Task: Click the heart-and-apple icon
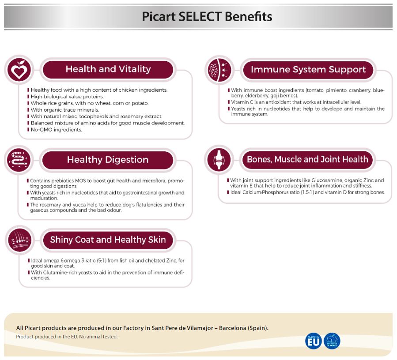point(19,70)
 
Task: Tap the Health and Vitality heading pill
point(108,69)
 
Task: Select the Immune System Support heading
point(308,70)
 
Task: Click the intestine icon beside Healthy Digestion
point(19,160)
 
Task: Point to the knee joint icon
point(219,160)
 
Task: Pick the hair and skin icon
point(19,240)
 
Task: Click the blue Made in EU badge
point(314,341)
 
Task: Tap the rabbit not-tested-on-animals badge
point(332,341)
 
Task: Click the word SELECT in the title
point(200,17)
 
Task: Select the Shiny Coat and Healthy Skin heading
point(108,240)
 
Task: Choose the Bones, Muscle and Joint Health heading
point(307,159)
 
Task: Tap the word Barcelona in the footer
point(232,328)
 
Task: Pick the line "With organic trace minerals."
point(65,110)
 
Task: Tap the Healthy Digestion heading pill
point(108,160)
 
